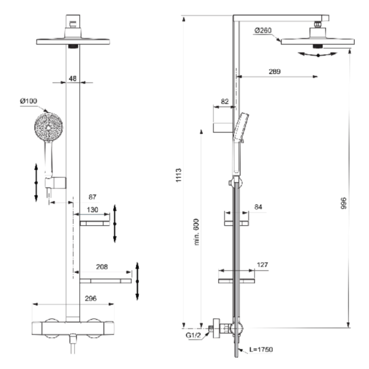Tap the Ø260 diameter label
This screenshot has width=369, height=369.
tap(263, 30)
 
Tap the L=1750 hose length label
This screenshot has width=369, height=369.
tap(261, 349)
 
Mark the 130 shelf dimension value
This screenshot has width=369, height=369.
tap(92, 210)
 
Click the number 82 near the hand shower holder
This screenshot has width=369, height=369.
tap(224, 100)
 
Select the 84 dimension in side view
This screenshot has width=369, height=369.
tap(258, 207)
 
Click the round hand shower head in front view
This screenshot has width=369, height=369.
tap(47, 129)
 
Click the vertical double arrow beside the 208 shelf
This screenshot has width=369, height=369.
tap(138, 280)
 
